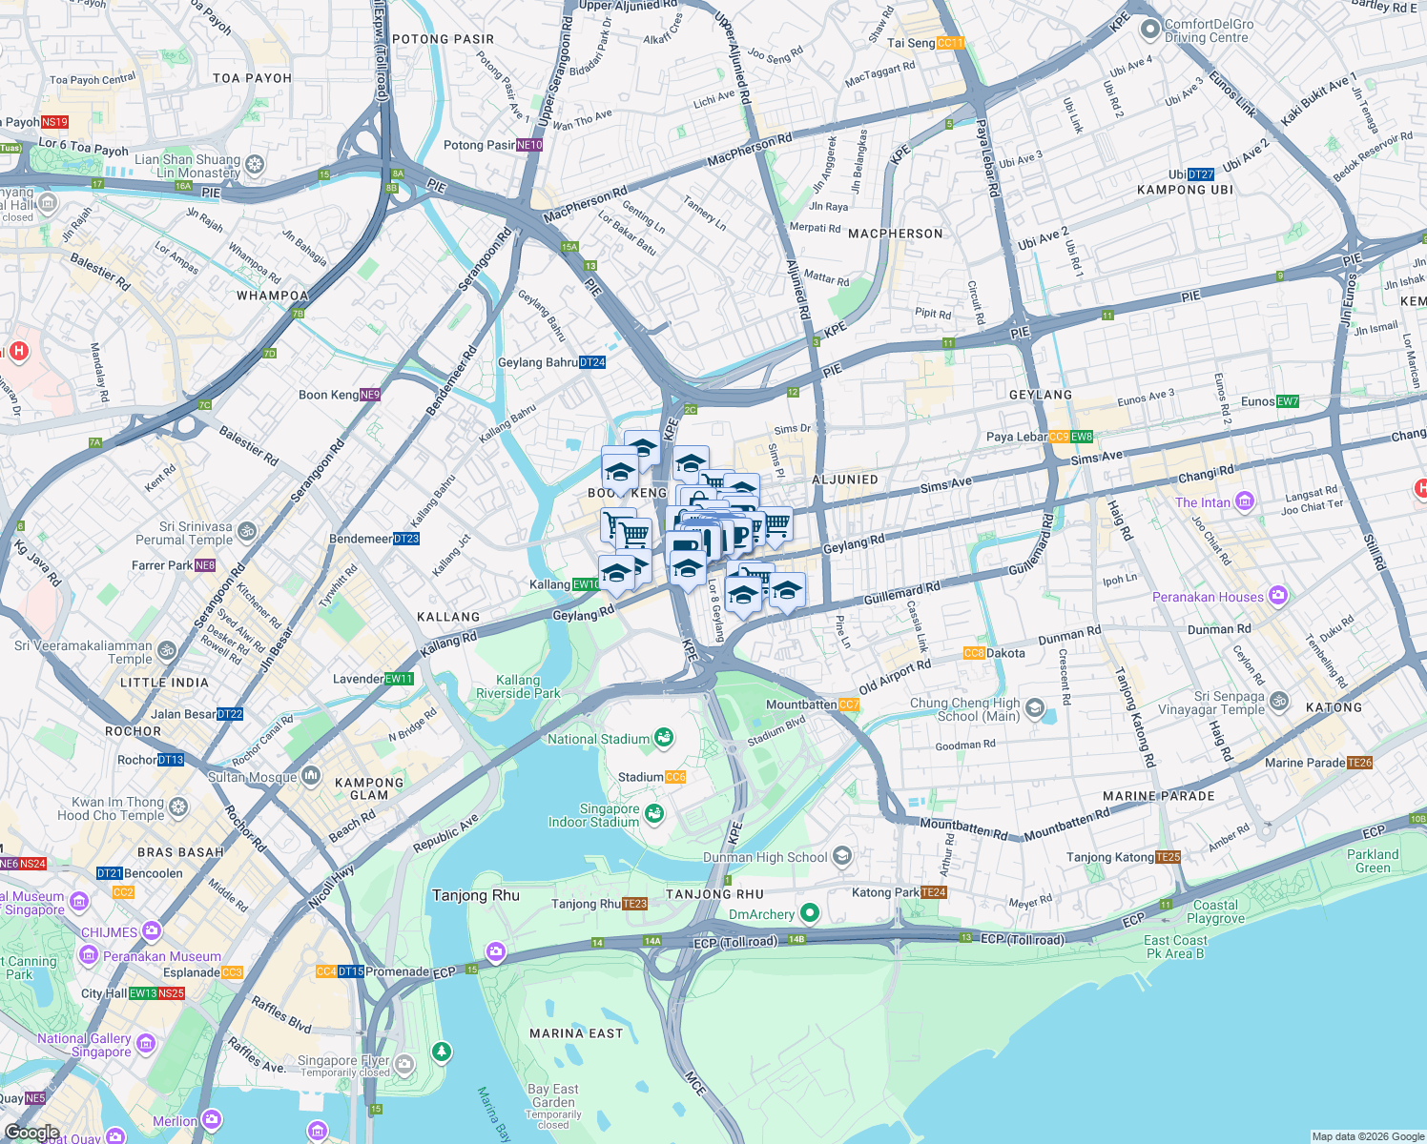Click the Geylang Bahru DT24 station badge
coord(591,362)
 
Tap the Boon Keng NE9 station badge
coord(369,395)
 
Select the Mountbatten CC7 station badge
coord(848,705)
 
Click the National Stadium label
coord(598,739)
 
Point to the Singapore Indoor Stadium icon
coord(654,813)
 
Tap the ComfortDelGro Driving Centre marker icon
coord(1149,31)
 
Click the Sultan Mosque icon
coord(311,776)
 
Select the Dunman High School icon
coord(841,856)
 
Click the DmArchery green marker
coord(810,913)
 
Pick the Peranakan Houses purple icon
coord(1278,596)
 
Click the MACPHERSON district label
coord(895,234)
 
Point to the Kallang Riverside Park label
coord(518,686)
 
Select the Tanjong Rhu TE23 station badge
coord(635,904)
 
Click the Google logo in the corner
coord(31,1132)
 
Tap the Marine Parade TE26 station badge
coord(1359,763)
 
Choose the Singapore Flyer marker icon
coord(404,1063)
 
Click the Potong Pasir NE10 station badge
coord(529,145)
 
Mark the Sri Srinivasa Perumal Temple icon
coord(247,531)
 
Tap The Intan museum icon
coord(1244,501)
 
